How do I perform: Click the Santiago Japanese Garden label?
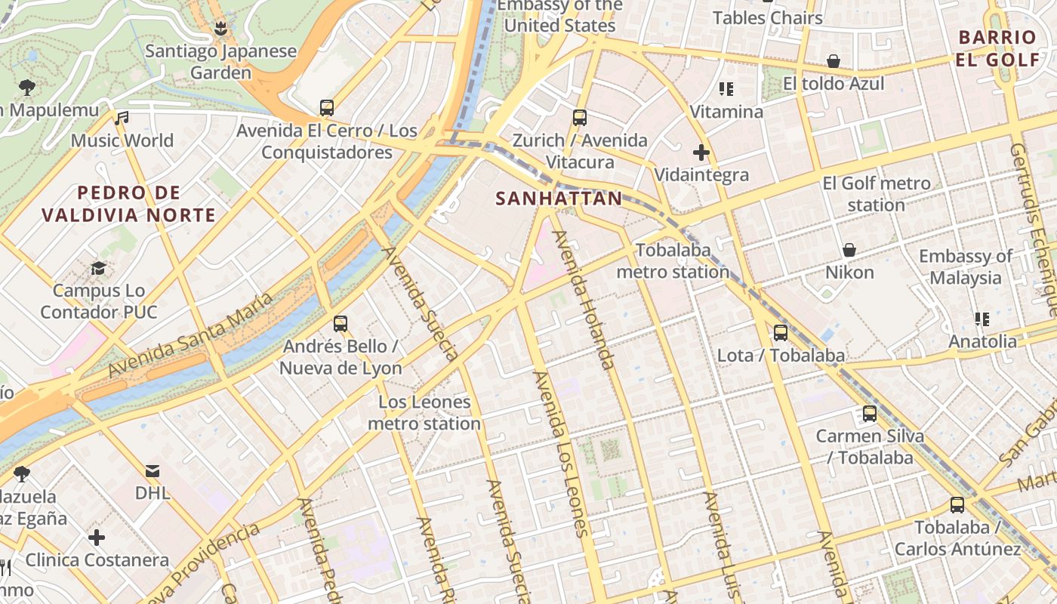(220, 63)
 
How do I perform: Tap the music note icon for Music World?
(122, 118)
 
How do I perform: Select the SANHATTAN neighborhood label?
(559, 199)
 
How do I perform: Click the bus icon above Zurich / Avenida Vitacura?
(580, 118)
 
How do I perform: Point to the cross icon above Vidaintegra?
(701, 153)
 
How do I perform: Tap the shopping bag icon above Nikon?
(849, 250)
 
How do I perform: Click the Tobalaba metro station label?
(673, 260)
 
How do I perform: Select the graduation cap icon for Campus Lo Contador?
(98, 268)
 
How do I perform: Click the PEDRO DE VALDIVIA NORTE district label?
(128, 204)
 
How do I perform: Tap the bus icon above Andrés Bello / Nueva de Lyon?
(341, 324)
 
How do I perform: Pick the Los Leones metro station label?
(424, 413)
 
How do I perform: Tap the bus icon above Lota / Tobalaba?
(781, 332)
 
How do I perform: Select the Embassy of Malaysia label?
(966, 267)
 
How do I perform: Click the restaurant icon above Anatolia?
(982, 319)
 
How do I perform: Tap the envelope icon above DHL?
(153, 471)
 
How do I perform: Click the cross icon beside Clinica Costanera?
(97, 538)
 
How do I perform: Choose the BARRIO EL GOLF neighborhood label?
(997, 48)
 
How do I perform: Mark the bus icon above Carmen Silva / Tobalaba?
(870, 414)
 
